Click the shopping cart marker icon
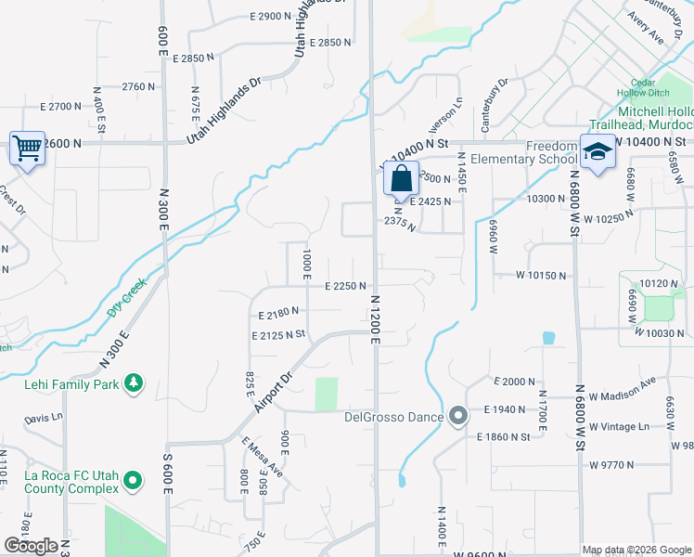click(27, 148)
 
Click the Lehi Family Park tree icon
click(134, 382)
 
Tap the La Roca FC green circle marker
click(134, 481)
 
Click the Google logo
click(31, 546)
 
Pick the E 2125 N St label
click(277, 334)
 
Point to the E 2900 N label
click(271, 17)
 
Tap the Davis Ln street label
click(44, 419)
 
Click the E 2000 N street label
click(516, 382)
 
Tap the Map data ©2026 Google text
click(636, 550)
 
